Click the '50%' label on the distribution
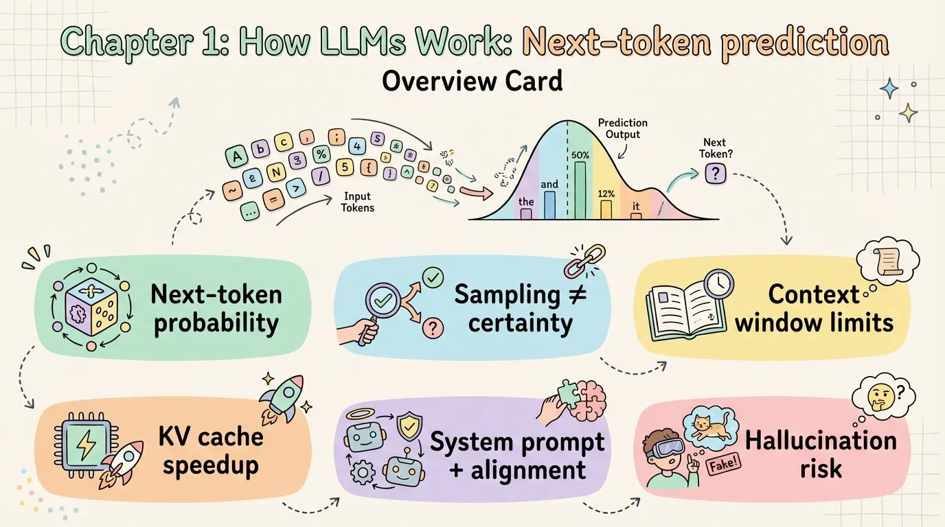[x=580, y=154]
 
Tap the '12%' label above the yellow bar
[x=606, y=194]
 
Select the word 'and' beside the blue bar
[x=549, y=184]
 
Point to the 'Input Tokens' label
[x=358, y=201]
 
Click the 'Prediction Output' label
[x=622, y=128]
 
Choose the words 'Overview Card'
[x=472, y=81]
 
